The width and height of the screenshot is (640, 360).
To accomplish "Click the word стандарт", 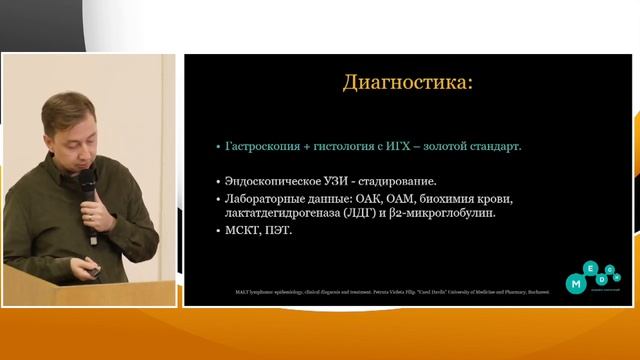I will point(522,146).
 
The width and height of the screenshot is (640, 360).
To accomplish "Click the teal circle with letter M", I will point(576,285).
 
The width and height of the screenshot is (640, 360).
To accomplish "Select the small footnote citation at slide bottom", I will point(380,293).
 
